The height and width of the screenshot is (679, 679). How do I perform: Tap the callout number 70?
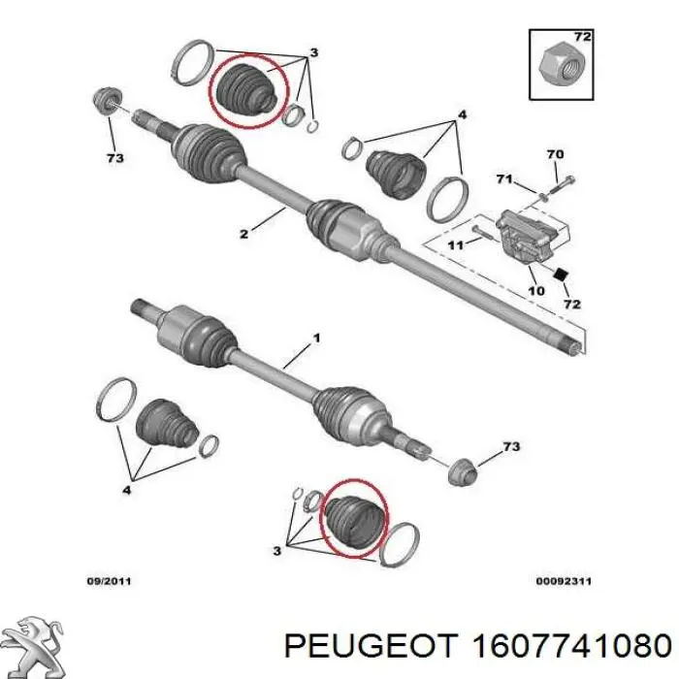(555, 154)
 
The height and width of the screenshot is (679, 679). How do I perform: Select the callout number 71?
(504, 178)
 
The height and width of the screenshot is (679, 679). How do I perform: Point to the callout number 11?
(455, 245)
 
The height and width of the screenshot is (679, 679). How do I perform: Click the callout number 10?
(536, 290)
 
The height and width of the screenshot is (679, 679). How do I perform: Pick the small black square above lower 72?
(561, 275)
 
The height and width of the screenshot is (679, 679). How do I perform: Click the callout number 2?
(243, 235)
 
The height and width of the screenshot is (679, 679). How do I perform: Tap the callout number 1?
(317, 338)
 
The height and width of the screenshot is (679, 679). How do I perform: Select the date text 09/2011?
(109, 581)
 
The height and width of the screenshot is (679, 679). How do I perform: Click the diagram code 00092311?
(564, 581)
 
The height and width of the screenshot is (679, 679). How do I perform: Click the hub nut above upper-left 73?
(107, 100)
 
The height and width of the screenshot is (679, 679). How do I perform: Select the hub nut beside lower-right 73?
(462, 470)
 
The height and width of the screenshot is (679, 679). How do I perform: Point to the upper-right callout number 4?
(462, 115)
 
